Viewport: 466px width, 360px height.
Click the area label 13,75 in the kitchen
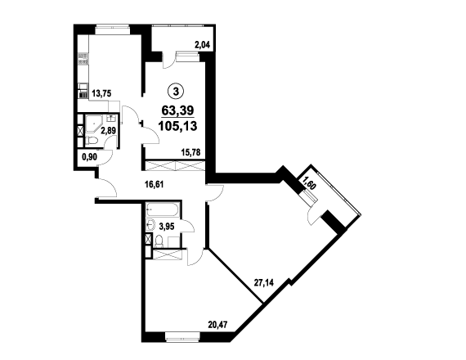coord(101,94)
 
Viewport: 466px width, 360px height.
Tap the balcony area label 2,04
coord(202,45)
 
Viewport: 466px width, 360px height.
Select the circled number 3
coord(176,92)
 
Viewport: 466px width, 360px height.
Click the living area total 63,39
coord(177,110)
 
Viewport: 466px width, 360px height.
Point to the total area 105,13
coord(177,126)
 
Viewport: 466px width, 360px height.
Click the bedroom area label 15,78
coord(190,152)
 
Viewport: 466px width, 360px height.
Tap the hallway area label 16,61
coord(154,185)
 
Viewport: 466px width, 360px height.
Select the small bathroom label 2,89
coord(109,131)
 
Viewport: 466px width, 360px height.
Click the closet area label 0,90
coord(89,157)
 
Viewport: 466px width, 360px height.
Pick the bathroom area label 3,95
coord(167,227)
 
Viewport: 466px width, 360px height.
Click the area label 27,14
coord(263,282)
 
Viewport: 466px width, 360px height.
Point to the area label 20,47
coord(217,324)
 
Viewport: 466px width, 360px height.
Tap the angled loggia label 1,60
coord(309,182)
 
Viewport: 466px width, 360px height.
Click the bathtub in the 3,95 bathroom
coord(162,209)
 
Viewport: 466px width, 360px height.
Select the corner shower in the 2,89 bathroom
coord(94,124)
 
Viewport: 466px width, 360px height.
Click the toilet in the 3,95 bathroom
coord(159,241)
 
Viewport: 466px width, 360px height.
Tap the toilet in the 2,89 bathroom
coord(92,141)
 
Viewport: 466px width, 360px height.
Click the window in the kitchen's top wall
coord(113,30)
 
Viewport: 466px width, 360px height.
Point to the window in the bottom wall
coord(183,336)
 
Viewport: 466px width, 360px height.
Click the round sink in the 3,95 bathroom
coord(150,224)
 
